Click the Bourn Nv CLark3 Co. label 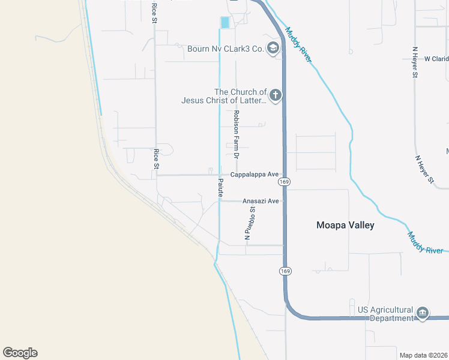point(226,49)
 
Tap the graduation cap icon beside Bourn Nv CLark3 point(273,48)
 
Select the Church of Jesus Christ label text point(224,96)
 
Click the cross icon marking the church point(275,95)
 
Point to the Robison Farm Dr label point(237,134)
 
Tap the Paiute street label point(220,188)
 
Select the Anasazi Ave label point(261,201)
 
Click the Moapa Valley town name point(345,226)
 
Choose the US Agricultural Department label point(384,314)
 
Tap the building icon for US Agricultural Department point(422,313)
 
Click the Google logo point(20,353)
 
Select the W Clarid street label point(436,59)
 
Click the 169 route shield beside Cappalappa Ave point(285,181)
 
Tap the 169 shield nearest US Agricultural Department point(285,271)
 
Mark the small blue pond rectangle point(225,22)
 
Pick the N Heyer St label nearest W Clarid point(415,63)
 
